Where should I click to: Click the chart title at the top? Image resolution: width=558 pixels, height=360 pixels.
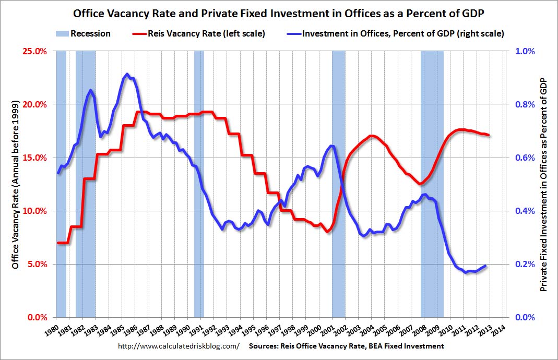coord(279,11)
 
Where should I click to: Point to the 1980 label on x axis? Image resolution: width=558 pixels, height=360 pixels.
coord(51,330)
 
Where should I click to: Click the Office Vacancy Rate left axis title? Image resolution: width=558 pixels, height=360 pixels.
coord(15,184)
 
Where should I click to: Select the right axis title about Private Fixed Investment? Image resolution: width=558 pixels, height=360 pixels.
coord(544,184)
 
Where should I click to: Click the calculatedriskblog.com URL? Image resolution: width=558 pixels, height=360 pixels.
coord(179,346)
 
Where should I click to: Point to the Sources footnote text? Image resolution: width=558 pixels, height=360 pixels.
coord(347,346)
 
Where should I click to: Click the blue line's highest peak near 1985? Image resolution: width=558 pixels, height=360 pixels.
coord(127,74)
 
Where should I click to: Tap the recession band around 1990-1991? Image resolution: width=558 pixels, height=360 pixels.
coord(199,183)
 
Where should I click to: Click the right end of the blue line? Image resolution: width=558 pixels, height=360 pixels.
coord(485,266)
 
